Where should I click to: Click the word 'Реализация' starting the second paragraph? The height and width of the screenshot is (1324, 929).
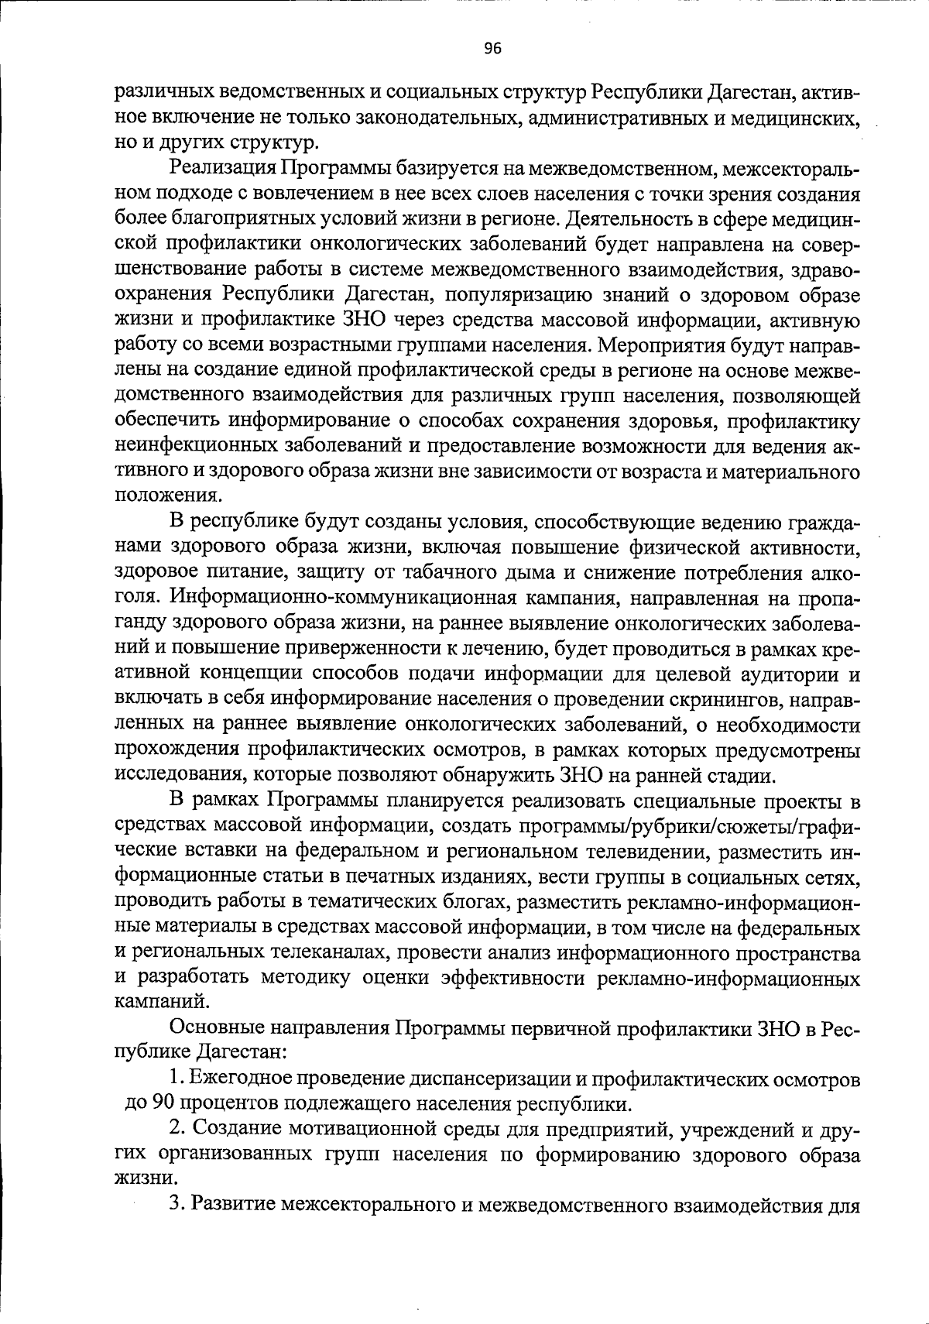(x=221, y=169)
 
